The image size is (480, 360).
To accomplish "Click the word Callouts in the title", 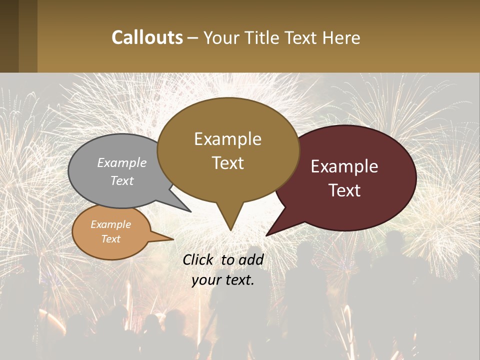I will (147, 37).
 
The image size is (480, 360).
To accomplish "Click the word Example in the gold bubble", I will (227, 138).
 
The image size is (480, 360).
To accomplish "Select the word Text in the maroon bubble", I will (344, 190).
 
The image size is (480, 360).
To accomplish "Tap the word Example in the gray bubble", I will (122, 162).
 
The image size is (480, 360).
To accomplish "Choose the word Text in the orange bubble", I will (111, 239).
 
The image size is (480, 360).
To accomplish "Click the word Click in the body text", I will (198, 260).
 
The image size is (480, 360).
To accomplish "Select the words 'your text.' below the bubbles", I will (223, 280).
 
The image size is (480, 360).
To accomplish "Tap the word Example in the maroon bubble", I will (344, 166).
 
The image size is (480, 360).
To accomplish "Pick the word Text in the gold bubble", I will (228, 163).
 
